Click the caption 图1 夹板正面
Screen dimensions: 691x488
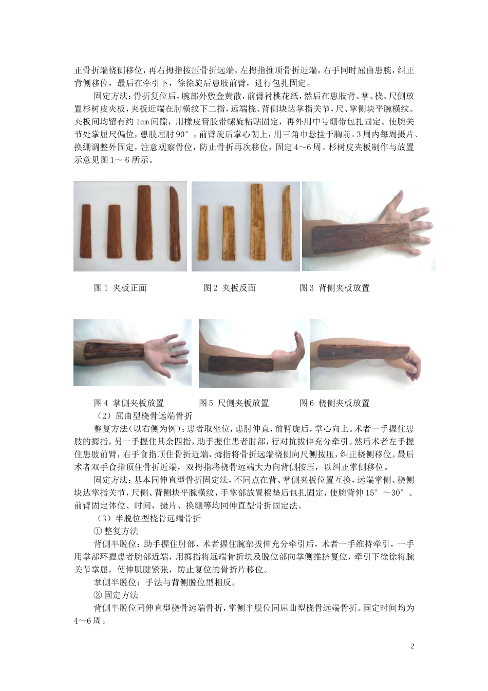coord(120,288)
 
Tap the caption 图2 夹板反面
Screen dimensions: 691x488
coord(230,288)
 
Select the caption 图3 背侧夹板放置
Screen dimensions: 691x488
coord(334,288)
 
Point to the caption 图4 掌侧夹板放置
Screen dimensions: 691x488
coord(129,403)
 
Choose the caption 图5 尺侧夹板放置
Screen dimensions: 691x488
coord(234,403)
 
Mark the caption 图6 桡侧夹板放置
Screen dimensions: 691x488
coord(334,403)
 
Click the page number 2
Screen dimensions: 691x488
coord(412,646)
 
